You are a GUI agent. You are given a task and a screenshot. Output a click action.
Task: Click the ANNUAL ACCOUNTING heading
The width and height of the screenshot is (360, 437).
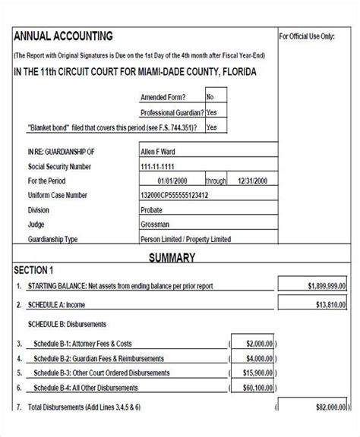tap(63, 36)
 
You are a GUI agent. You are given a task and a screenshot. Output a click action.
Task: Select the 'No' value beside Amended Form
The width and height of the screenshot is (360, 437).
tap(210, 97)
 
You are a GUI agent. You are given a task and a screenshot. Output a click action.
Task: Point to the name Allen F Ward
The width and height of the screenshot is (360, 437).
tap(158, 152)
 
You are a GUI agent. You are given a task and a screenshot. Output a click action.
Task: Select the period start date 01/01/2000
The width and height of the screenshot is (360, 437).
tap(172, 181)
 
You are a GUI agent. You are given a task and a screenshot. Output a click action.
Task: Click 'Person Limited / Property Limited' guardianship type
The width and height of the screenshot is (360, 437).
tap(186, 240)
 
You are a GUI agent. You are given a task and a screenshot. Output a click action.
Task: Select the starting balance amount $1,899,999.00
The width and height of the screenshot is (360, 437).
tap(327, 286)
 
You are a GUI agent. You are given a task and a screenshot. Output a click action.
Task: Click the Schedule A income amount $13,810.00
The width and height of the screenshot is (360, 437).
tap(330, 305)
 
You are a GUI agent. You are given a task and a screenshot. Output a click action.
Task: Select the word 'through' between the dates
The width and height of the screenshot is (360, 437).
tap(216, 181)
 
